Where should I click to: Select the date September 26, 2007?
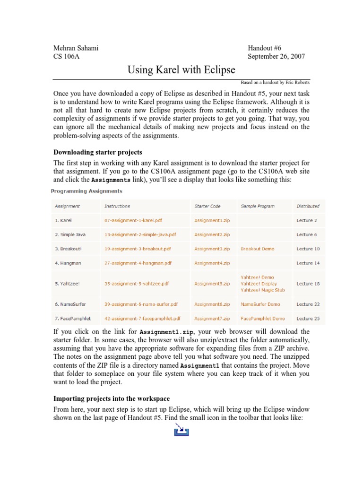277,57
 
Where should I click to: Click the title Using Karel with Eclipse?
181,70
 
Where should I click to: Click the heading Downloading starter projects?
98,152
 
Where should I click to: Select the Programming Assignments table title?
87,191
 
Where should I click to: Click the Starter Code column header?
207,206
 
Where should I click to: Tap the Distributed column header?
308,206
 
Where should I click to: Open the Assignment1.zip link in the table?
212,220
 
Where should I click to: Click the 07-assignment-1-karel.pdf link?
134,220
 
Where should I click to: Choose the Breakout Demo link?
257,249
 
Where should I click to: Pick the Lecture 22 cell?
308,304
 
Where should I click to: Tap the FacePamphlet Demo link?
263,319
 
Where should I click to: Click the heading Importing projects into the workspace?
112,399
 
